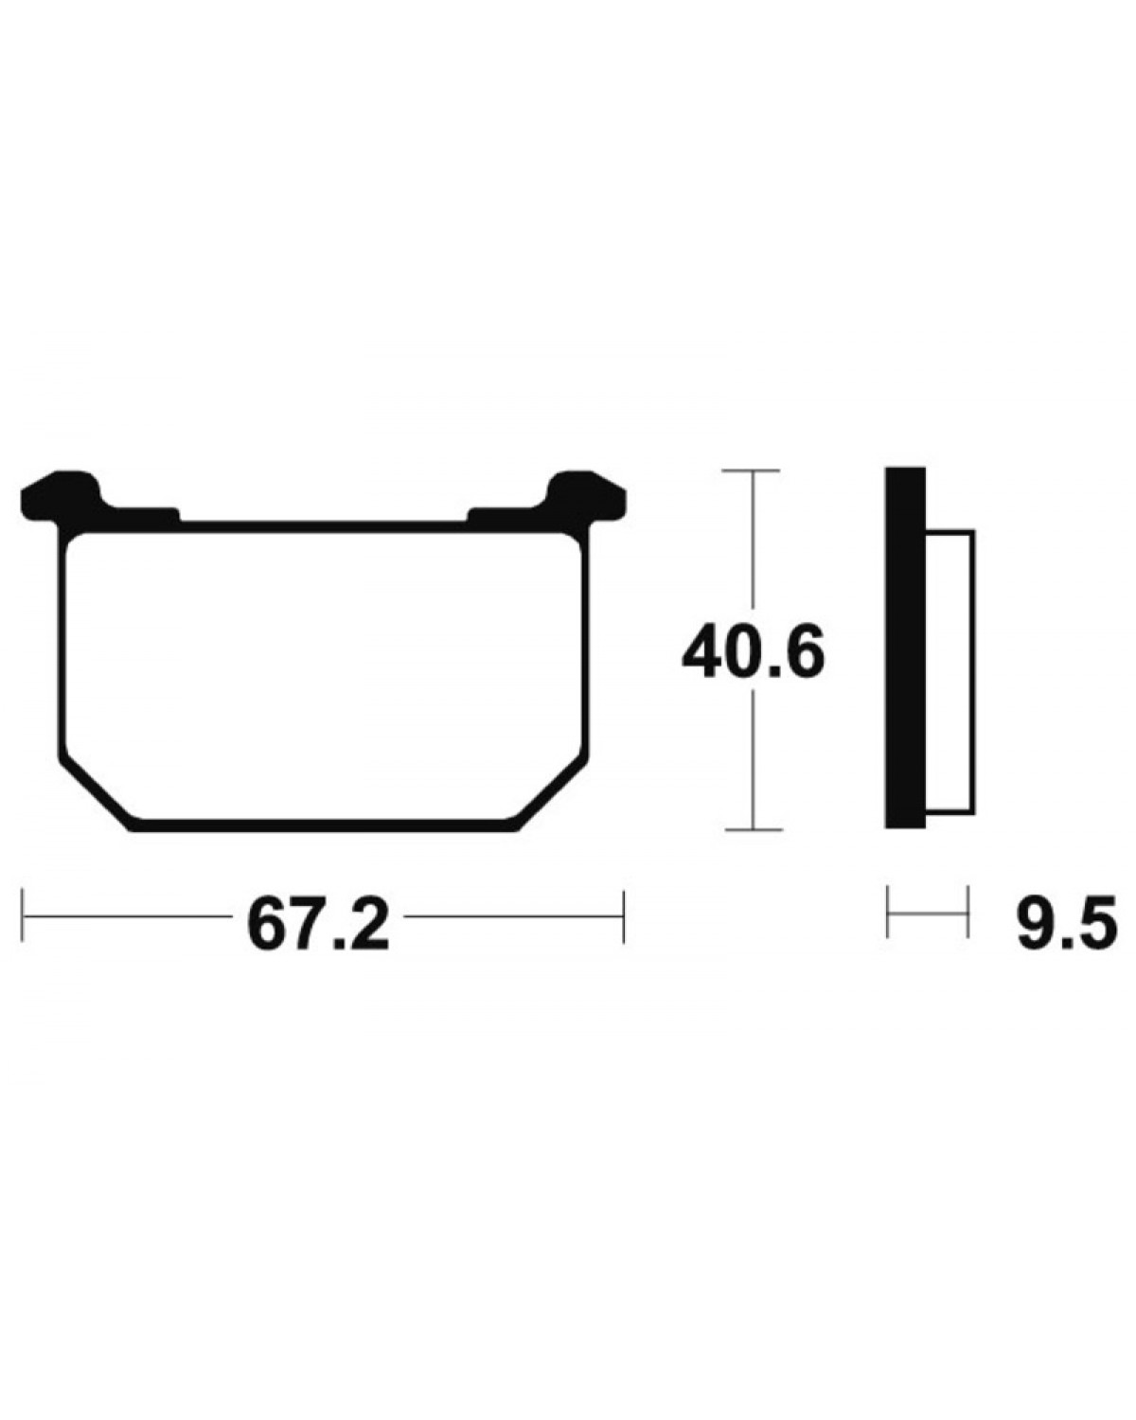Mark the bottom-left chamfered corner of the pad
[x=98, y=796]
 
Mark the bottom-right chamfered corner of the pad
[x=551, y=796]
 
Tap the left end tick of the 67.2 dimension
[x=23, y=916]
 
